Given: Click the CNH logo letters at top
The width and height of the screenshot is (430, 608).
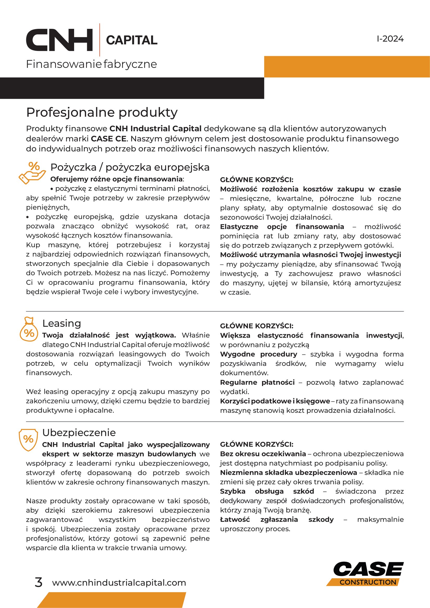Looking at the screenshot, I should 59,40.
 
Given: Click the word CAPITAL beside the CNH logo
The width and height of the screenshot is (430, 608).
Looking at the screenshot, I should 132,40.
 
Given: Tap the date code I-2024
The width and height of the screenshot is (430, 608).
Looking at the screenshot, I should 390,39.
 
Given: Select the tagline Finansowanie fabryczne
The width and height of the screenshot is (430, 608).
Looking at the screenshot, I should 91,64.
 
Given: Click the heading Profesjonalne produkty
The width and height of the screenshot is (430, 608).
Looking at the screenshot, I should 102,112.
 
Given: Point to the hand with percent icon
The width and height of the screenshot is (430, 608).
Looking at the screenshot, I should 32,173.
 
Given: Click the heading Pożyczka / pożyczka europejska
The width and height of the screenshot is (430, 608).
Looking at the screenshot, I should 130,167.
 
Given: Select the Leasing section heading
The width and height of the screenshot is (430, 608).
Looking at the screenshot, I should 62,323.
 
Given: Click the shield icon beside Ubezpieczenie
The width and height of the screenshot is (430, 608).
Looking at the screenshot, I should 28,440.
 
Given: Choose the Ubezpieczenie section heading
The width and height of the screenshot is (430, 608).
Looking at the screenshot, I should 79,433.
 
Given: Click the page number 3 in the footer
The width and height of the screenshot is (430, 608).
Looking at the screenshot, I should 38,583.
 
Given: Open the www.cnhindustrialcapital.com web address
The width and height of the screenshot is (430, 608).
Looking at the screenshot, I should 119,583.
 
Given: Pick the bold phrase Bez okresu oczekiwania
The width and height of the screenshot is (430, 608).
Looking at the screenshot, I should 263,454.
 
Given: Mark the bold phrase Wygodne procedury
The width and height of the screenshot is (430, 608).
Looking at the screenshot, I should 258,354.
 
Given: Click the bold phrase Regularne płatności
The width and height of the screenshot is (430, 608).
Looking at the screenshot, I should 257,382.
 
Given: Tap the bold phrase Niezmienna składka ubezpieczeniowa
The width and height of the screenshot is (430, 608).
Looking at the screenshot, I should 288,472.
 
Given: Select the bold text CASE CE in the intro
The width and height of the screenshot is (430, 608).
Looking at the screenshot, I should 108,139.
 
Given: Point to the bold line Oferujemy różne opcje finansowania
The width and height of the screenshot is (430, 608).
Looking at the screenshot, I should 116,179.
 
